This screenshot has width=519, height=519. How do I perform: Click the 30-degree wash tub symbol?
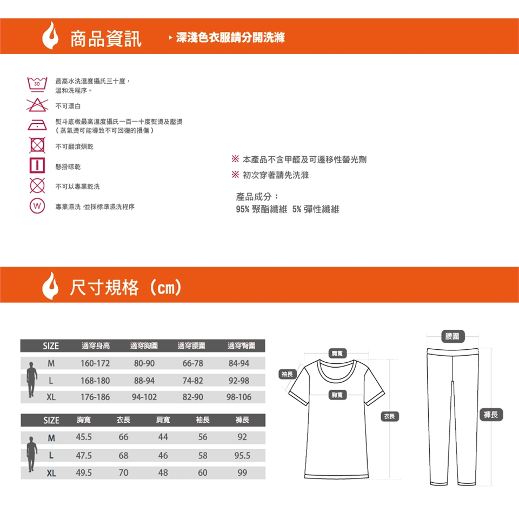coord(37,84)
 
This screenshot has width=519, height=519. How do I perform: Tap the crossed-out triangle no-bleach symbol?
coord(37,105)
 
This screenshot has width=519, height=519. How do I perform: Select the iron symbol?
coord(37,125)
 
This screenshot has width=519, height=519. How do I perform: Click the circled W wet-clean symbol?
coord(37,205)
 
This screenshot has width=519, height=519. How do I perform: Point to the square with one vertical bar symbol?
coord(37,165)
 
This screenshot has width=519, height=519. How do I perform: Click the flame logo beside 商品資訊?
coord(50,36)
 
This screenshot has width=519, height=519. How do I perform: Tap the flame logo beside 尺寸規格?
coord(50,285)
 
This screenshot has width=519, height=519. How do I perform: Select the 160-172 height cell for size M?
coord(95,363)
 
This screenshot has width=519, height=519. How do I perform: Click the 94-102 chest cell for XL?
coord(144,397)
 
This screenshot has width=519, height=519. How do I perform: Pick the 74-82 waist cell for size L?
coord(192,381)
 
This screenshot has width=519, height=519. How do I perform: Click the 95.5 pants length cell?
coord(242,455)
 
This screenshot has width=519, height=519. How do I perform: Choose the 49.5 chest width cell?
coord(84,473)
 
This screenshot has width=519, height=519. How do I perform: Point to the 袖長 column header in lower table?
coord(203,420)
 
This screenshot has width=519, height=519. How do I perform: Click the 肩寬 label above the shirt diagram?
coord(337,353)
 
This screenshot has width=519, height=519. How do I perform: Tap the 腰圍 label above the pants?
coord(452,336)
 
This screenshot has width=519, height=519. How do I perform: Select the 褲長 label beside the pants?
coord(491,415)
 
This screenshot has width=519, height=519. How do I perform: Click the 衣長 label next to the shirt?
coord(390,416)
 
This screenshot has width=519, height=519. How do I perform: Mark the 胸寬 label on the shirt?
coord(337,395)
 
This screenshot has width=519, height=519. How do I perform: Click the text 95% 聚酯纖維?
coord(262,209)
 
